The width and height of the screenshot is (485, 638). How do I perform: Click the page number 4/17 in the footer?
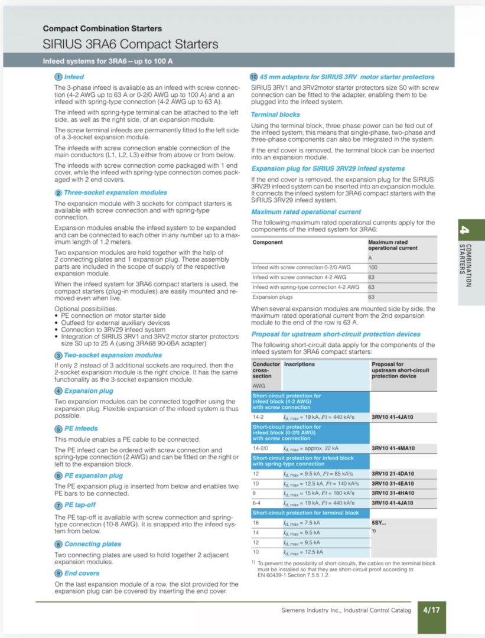[431, 610]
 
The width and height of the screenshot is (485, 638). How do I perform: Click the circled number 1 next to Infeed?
[58, 77]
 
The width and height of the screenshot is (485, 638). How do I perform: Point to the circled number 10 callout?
[255, 77]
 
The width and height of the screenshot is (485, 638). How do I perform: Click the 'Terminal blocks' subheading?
[275, 115]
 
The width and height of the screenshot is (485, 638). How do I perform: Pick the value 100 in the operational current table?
[373, 267]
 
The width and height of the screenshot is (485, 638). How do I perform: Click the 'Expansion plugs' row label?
[271, 297]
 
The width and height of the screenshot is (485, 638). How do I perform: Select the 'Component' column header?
[268, 242]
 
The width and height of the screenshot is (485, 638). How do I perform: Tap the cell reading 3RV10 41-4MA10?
[393, 448]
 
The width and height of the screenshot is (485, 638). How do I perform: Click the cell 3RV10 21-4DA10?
[393, 474]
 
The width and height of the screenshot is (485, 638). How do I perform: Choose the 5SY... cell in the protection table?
[379, 523]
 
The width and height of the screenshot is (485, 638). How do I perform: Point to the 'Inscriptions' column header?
[300, 364]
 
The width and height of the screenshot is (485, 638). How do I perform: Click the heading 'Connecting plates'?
[93, 544]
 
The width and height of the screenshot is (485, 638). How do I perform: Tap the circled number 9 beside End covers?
[58, 573]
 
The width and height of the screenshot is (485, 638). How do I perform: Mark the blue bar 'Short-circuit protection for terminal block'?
[305, 513]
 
